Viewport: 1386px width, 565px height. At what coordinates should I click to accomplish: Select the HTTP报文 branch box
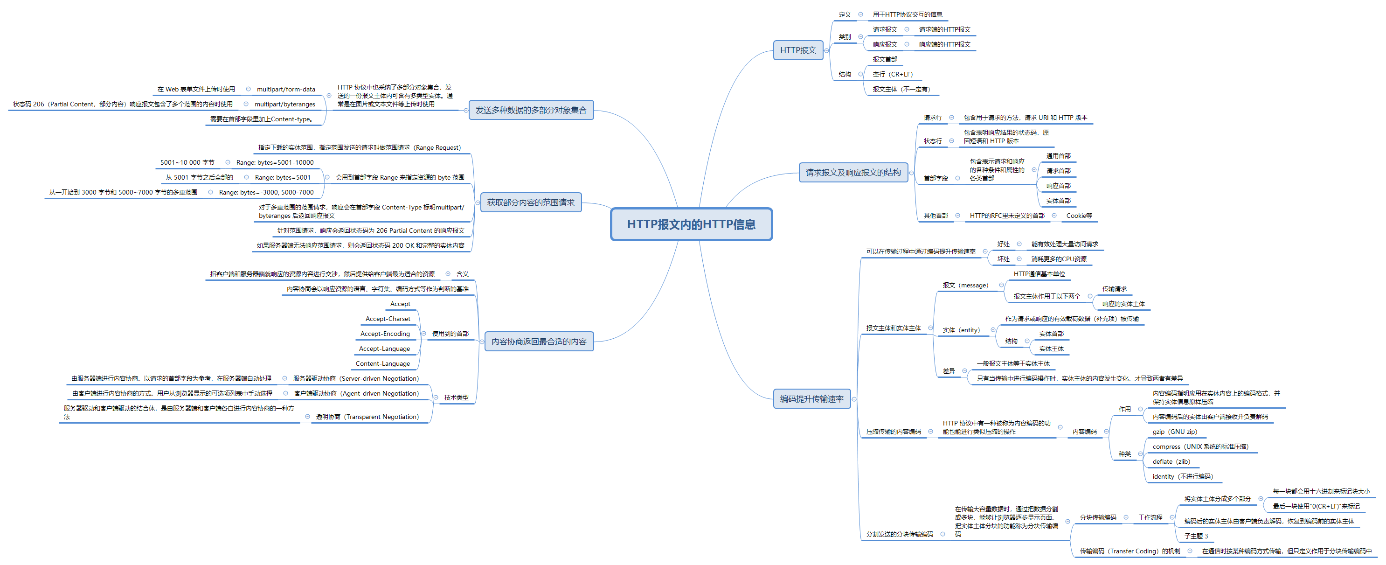click(x=797, y=50)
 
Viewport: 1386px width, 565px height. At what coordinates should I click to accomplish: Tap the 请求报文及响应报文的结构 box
click(x=853, y=172)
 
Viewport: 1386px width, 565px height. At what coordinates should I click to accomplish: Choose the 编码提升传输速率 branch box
click(x=811, y=399)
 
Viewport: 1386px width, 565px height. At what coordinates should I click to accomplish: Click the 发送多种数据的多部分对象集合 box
click(x=531, y=110)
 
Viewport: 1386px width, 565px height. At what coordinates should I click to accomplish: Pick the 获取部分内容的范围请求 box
click(x=531, y=202)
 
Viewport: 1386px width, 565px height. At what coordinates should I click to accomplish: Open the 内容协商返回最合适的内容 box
click(x=539, y=341)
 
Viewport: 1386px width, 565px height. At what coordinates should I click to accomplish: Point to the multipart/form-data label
click(x=286, y=89)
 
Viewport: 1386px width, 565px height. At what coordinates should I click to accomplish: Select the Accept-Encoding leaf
click(x=385, y=334)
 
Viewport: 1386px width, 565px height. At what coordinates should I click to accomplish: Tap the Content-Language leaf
click(x=382, y=364)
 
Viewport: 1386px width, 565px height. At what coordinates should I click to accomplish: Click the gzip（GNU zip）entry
click(x=1175, y=432)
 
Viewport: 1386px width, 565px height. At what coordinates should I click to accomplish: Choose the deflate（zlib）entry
click(x=1171, y=462)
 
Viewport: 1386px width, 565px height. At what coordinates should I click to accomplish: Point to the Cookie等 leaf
click(x=1079, y=216)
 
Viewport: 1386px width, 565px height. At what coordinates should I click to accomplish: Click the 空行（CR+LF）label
click(x=892, y=74)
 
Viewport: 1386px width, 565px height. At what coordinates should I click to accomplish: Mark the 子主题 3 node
click(x=1196, y=536)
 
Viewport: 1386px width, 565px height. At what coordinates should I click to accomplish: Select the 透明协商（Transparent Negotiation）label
click(x=367, y=417)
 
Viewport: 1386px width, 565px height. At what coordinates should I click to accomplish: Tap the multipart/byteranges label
click(x=284, y=105)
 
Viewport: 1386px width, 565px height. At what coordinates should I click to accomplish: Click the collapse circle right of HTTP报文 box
click(x=826, y=50)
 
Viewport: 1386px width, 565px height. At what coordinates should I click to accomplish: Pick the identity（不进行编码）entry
click(x=1182, y=477)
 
